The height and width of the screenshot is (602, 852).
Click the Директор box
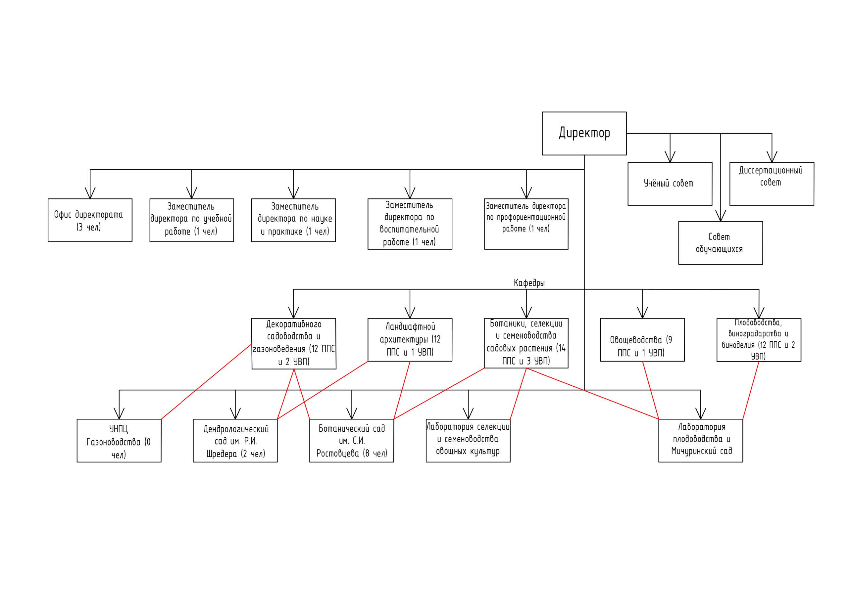click(584, 133)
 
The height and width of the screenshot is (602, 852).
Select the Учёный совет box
click(670, 184)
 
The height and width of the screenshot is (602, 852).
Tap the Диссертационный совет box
click(772, 184)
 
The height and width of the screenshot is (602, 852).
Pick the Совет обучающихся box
click(721, 243)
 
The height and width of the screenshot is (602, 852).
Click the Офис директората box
click(90, 220)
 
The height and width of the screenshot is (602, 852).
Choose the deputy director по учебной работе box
click(191, 220)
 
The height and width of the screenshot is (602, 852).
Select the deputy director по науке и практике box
click(293, 220)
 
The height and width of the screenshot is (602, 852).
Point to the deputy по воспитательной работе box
click(410, 224)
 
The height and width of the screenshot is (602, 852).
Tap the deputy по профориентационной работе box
click(526, 224)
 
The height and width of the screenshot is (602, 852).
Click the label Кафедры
click(529, 283)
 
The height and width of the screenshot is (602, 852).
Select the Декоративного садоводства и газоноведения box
click(294, 344)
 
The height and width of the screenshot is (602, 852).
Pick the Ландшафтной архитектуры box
click(410, 340)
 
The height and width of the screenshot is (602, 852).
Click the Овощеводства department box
click(642, 340)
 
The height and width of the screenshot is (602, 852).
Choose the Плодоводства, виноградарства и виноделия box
click(759, 340)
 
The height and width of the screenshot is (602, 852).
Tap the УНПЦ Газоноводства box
click(119, 441)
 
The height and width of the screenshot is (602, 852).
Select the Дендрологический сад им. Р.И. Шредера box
click(235, 441)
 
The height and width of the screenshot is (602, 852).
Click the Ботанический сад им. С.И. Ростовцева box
click(351, 441)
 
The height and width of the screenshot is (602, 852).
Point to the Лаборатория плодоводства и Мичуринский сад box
click(701, 441)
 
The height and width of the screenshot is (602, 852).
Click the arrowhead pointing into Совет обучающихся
click(721, 216)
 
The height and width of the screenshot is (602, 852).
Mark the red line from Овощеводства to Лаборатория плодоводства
click(650, 390)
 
